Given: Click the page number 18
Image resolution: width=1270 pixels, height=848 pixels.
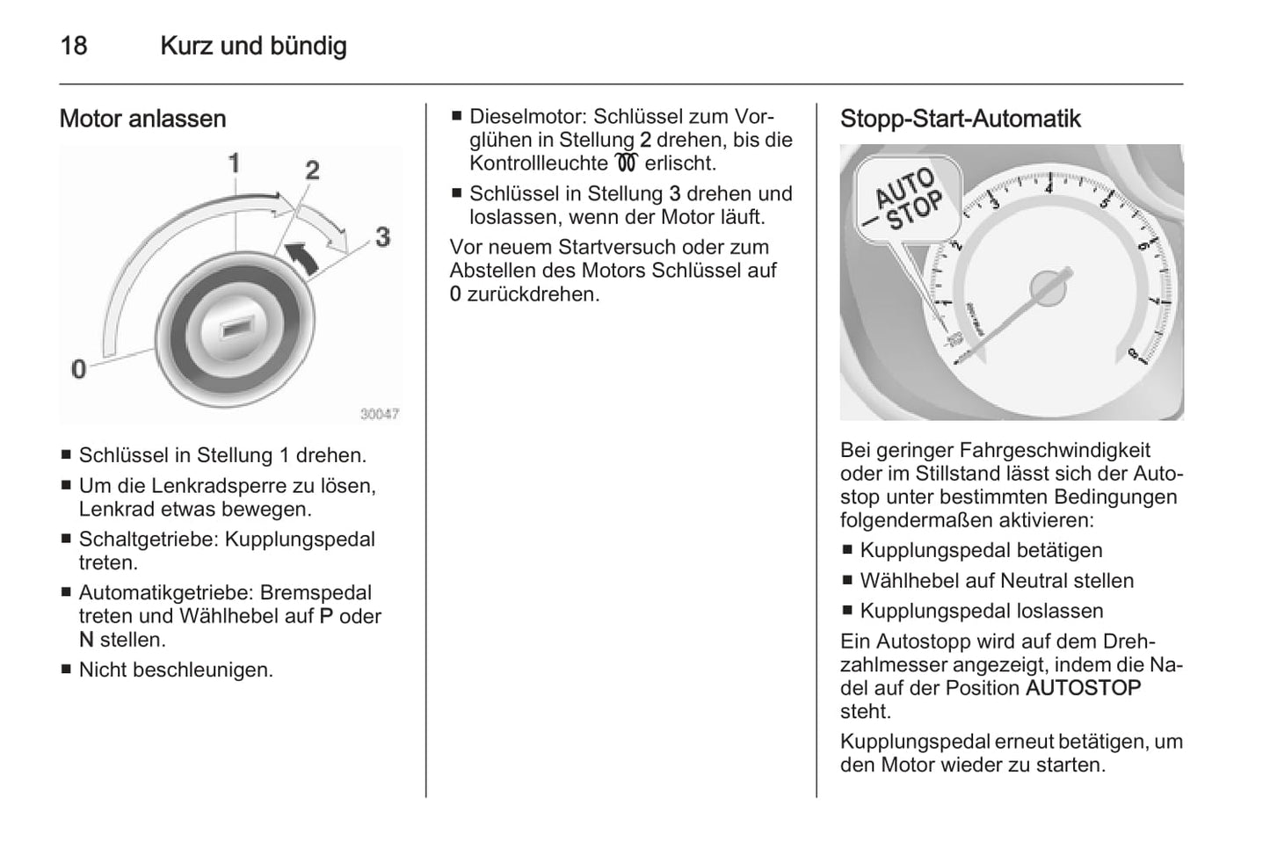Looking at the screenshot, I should click(73, 46).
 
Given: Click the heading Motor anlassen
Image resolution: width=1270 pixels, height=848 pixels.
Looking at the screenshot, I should click(142, 119).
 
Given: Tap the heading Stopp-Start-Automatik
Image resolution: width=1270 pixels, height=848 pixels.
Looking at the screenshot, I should click(960, 119).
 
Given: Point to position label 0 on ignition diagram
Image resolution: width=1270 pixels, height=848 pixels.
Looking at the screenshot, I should click(79, 369).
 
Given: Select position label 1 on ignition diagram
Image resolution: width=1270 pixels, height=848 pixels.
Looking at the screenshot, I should click(235, 163).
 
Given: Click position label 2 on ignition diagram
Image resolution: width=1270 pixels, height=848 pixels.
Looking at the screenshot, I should click(312, 170).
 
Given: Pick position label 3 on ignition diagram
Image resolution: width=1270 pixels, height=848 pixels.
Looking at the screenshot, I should click(382, 236).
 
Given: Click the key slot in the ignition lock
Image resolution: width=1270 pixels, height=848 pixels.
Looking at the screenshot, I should click(235, 329).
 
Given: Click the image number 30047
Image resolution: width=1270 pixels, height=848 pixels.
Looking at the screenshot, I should click(380, 413).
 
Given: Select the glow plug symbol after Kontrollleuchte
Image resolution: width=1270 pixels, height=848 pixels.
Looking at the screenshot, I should click(626, 163).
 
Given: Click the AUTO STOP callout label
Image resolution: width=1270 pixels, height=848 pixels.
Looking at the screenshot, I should click(907, 201).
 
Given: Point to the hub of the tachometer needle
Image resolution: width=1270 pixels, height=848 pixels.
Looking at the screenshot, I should click(1047, 287).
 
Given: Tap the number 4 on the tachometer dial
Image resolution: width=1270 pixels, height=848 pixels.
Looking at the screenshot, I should click(1049, 187).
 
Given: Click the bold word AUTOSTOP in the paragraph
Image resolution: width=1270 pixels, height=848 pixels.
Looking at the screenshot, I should click(1083, 688).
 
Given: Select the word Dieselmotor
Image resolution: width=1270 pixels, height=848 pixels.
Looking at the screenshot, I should click(526, 117).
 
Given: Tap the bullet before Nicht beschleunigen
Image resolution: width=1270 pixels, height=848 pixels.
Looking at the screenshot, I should click(66, 670).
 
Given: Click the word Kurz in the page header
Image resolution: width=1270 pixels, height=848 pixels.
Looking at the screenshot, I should click(187, 46).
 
